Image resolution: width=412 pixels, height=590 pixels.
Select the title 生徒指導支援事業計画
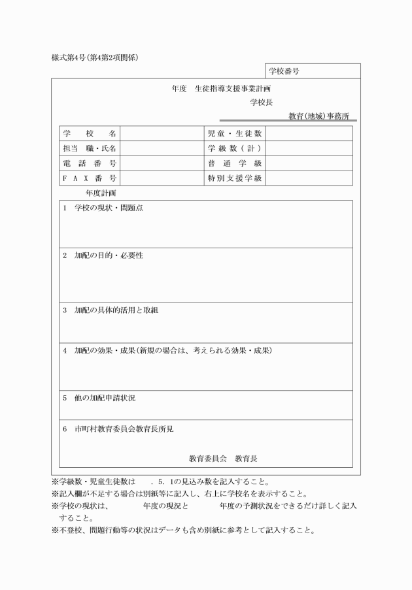click(232, 88)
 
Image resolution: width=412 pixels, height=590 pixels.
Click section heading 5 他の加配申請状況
click(99, 397)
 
